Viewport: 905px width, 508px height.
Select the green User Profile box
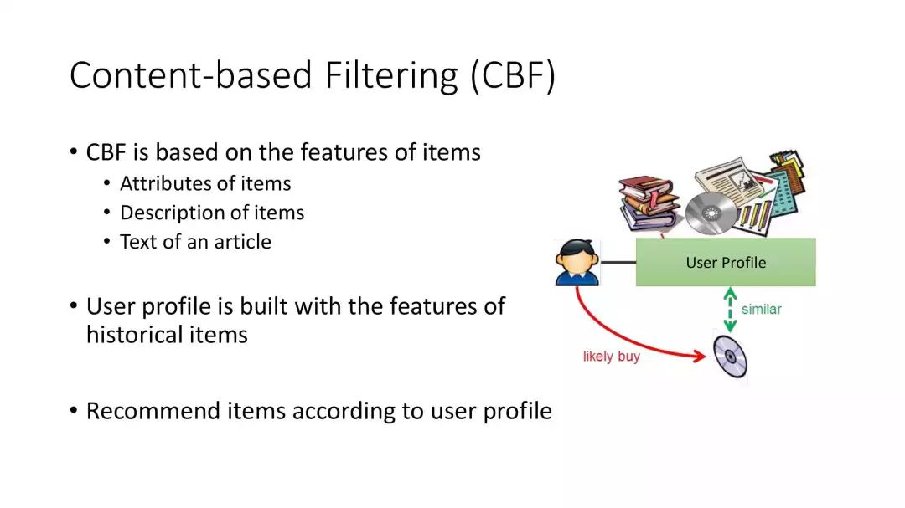tap(726, 262)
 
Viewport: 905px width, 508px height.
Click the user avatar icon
tap(578, 262)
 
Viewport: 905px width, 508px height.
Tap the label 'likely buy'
tap(611, 357)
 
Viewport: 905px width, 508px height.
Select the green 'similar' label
tap(761, 310)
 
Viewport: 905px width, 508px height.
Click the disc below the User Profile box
tap(730, 357)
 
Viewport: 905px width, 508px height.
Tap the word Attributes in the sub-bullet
tap(163, 184)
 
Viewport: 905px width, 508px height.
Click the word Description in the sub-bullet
tap(169, 213)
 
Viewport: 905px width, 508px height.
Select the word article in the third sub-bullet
tap(242, 242)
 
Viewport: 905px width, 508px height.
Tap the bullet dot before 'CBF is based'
tap(74, 153)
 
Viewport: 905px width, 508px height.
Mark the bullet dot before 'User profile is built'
tap(74, 306)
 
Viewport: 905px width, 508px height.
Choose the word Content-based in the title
tap(181, 75)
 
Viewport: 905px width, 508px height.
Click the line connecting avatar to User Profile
tap(618, 263)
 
